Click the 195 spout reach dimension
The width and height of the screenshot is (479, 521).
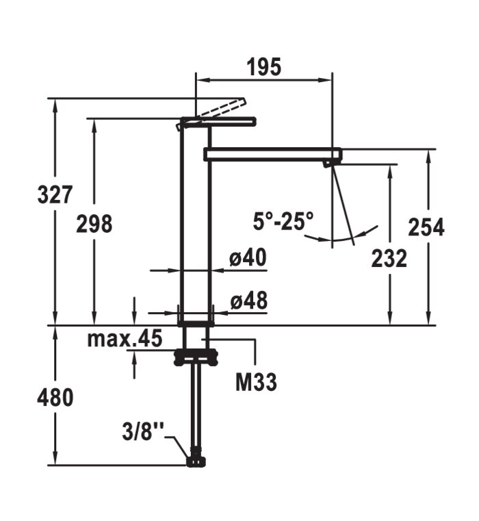[263, 67]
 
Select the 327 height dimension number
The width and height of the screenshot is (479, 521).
[55, 194]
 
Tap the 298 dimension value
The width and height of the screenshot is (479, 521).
[94, 223]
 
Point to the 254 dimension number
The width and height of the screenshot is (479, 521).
[426, 227]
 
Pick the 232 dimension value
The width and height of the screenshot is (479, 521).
[389, 258]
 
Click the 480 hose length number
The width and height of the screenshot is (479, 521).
[55, 398]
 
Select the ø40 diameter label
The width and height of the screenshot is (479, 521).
[248, 257]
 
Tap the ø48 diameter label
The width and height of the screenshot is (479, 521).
[249, 300]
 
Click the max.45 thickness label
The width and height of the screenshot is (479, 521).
[125, 338]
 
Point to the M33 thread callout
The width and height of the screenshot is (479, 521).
[256, 382]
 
